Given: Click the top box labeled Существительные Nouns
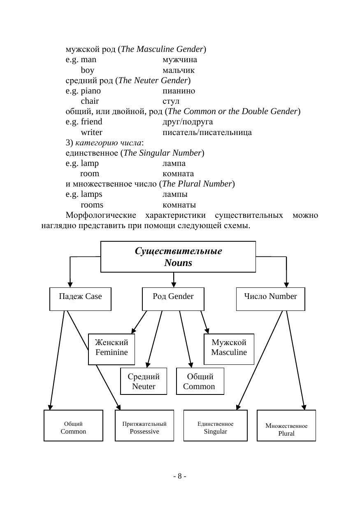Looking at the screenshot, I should pyautogui.click(x=178, y=257).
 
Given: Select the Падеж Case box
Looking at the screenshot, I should pyautogui.click(x=80, y=299).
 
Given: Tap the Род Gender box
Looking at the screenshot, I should pyautogui.click(x=173, y=299).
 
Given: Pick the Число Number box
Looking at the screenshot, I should pyautogui.click(x=270, y=299).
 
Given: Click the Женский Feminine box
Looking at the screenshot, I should pyautogui.click(x=111, y=349).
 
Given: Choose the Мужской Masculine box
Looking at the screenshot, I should pyautogui.click(x=229, y=349).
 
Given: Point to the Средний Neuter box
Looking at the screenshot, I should pyautogui.click(x=144, y=381).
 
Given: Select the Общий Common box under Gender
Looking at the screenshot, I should pyautogui.click(x=200, y=381).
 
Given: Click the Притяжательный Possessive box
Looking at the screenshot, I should pyautogui.click(x=144, y=426).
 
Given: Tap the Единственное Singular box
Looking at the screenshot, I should pyautogui.click(x=215, y=426).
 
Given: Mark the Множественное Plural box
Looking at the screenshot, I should pyautogui.click(x=286, y=426).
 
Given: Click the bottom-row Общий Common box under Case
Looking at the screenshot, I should pyautogui.click(x=73, y=426).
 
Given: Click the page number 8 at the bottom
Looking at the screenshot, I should pyautogui.click(x=180, y=476).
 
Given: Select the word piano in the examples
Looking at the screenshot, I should pyautogui.click(x=91, y=91).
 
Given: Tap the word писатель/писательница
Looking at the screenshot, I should pyautogui.click(x=207, y=132).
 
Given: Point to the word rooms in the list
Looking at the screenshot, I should pyautogui.click(x=92, y=205).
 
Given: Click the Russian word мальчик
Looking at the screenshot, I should pyautogui.click(x=179, y=70).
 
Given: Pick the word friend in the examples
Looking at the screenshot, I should pyautogui.click(x=92, y=122).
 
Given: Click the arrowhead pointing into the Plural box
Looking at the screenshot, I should pyautogui.click(x=304, y=407).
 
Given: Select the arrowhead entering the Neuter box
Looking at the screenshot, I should pyautogui.click(x=148, y=365).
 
